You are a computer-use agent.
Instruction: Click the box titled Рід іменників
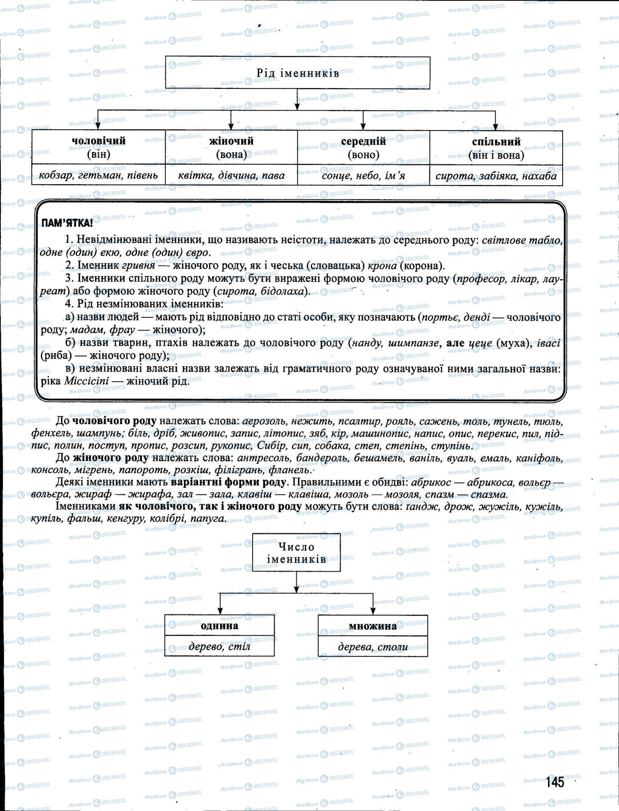pos(298,73)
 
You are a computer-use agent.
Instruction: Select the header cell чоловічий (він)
pos(99,147)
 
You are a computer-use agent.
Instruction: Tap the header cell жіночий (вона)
pos(231,147)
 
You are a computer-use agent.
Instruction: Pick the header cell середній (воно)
pos(363,148)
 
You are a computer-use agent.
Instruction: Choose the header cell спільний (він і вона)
pos(496,148)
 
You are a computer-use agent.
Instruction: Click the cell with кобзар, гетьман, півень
pos(99,176)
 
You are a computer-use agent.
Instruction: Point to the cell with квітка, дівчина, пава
pos(231,176)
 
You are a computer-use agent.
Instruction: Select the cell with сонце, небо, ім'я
pos(363,176)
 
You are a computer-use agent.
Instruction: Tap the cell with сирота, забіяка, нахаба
pos(496,176)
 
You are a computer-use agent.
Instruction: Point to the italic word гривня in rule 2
pos(138,266)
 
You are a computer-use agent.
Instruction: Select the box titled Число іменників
pos(296,553)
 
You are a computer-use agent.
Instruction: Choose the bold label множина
pos(373,626)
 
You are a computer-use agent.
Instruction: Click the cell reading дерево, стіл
pos(219,646)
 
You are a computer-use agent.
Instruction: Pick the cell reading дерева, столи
pos(373,646)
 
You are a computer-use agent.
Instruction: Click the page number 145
pos(555,782)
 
